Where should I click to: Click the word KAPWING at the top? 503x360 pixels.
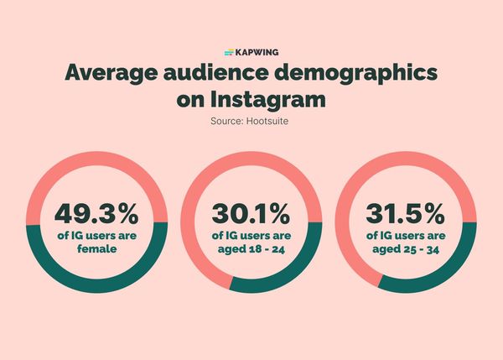(x=258, y=52)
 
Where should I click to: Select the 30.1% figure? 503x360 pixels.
(x=251, y=211)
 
